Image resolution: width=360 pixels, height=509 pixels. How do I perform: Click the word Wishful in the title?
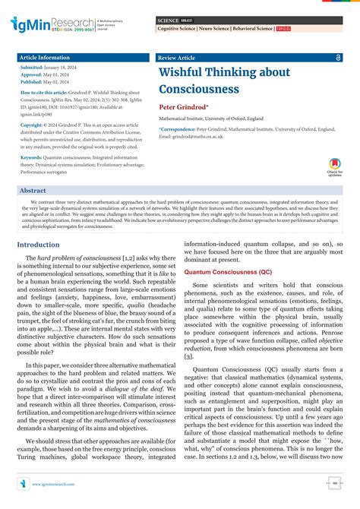pos(183,72)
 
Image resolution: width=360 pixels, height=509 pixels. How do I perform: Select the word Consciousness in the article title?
pos(200,89)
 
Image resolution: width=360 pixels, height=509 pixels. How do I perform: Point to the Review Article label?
pos(177,58)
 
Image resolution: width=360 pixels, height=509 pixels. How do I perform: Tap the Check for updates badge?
pos(334,166)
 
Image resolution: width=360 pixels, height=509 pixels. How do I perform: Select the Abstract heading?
pos(33,191)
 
